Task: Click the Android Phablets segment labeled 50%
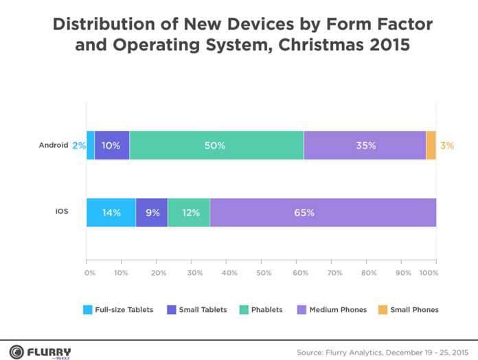pyautogui.click(x=216, y=145)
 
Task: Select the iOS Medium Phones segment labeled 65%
pyautogui.click(x=323, y=212)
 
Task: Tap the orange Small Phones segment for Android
pyautogui.click(x=431, y=145)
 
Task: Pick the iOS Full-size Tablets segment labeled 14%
pyautogui.click(x=111, y=212)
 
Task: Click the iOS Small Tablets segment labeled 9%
pyautogui.click(x=151, y=212)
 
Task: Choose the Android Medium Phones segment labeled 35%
pyautogui.click(x=365, y=145)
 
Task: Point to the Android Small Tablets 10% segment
pyautogui.click(x=111, y=145)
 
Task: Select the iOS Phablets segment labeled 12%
pyautogui.click(x=188, y=212)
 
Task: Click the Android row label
pyautogui.click(x=53, y=145)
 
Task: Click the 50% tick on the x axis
pyautogui.click(x=264, y=273)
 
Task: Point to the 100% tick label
pyautogui.click(x=429, y=273)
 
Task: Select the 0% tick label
pyautogui.click(x=89, y=273)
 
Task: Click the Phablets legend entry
pyautogui.click(x=260, y=309)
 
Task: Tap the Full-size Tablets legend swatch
pyautogui.click(x=87, y=309)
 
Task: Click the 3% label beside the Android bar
pyautogui.click(x=447, y=146)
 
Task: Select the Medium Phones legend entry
pyautogui.click(x=332, y=309)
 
